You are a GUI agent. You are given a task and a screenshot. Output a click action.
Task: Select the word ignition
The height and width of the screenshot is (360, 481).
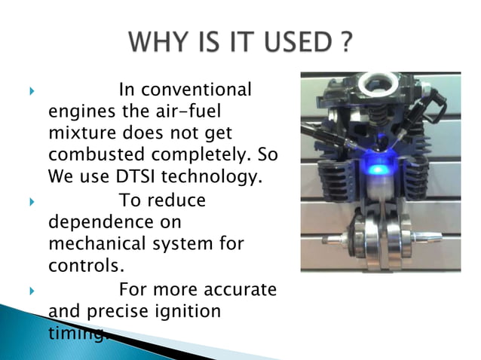(188, 311)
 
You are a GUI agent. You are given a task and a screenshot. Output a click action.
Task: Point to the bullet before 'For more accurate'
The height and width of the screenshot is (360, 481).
(32, 290)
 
